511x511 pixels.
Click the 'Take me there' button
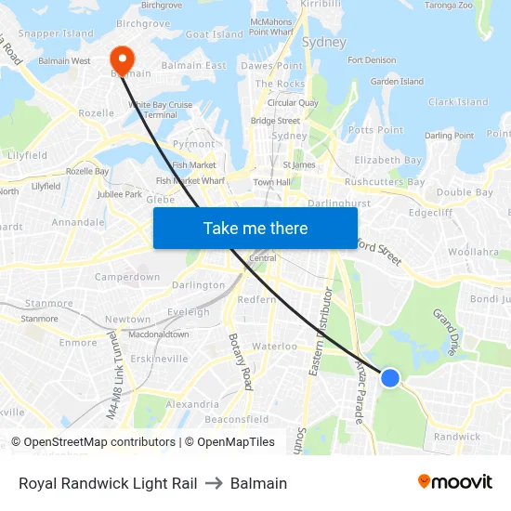255,228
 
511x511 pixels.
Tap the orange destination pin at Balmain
121,59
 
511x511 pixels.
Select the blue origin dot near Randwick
390,377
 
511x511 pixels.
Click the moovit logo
454,482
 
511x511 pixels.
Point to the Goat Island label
214,34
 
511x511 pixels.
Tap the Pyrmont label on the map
193,144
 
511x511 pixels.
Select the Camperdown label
127,277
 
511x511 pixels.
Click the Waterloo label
274,347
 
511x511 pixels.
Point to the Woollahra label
473,252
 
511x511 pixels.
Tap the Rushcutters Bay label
385,182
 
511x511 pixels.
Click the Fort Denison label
371,60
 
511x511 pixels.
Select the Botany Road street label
240,361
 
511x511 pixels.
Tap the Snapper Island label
55,33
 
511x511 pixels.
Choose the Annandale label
78,223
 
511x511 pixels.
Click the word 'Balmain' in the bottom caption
258,483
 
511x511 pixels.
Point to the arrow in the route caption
214,483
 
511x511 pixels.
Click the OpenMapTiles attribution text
236,442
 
